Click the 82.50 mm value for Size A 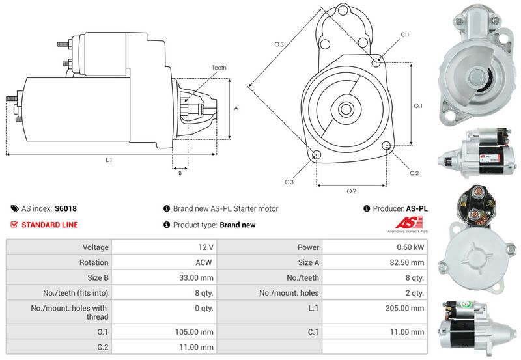point(409,262)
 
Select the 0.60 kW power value point(413,247)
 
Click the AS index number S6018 point(66,209)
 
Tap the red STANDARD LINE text point(49,225)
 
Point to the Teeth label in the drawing point(219,68)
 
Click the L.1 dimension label point(109,159)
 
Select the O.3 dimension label point(278,44)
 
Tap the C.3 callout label point(289,182)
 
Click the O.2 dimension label point(351,191)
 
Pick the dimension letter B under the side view point(179,173)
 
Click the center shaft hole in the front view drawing point(345,109)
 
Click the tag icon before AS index point(14,209)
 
